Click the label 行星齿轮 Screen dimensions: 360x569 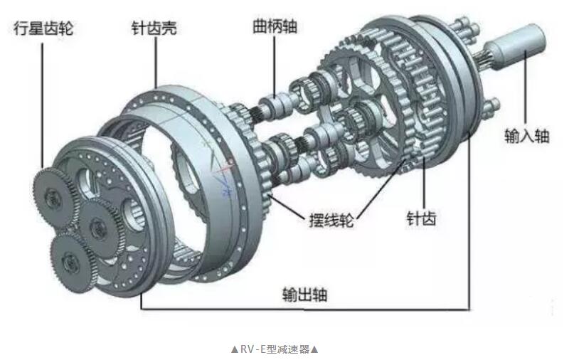coord(43,28)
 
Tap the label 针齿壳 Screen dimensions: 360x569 coord(154,28)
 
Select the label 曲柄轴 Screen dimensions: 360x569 coord(275,27)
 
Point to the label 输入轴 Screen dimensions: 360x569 coord(527,135)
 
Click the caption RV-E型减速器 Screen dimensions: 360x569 coord(275,349)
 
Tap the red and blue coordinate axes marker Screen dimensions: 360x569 coord(226,169)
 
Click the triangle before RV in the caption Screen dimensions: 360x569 coord(234,349)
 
